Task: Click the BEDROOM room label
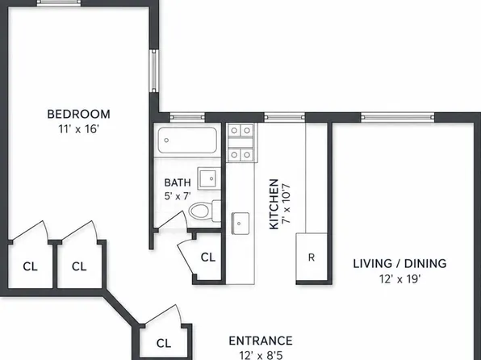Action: [x=78, y=114]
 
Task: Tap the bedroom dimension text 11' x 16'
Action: [x=78, y=129]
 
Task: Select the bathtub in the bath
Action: [x=187, y=140]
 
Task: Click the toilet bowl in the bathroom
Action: [x=199, y=211]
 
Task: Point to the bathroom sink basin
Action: [x=208, y=178]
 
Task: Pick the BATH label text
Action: [x=178, y=182]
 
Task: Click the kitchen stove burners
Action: [x=240, y=143]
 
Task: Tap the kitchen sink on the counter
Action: [x=240, y=223]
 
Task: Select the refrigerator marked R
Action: [x=311, y=257]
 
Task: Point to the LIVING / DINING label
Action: [x=399, y=264]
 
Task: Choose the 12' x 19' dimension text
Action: [x=399, y=279]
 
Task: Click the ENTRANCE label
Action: [x=261, y=341]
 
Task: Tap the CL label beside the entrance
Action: [x=164, y=343]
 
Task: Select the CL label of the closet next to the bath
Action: [x=208, y=257]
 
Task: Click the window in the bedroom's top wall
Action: [x=59, y=3]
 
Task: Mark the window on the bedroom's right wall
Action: [x=154, y=70]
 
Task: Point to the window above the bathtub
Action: [x=187, y=117]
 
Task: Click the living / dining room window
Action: [x=398, y=117]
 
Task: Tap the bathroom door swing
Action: [x=173, y=220]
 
